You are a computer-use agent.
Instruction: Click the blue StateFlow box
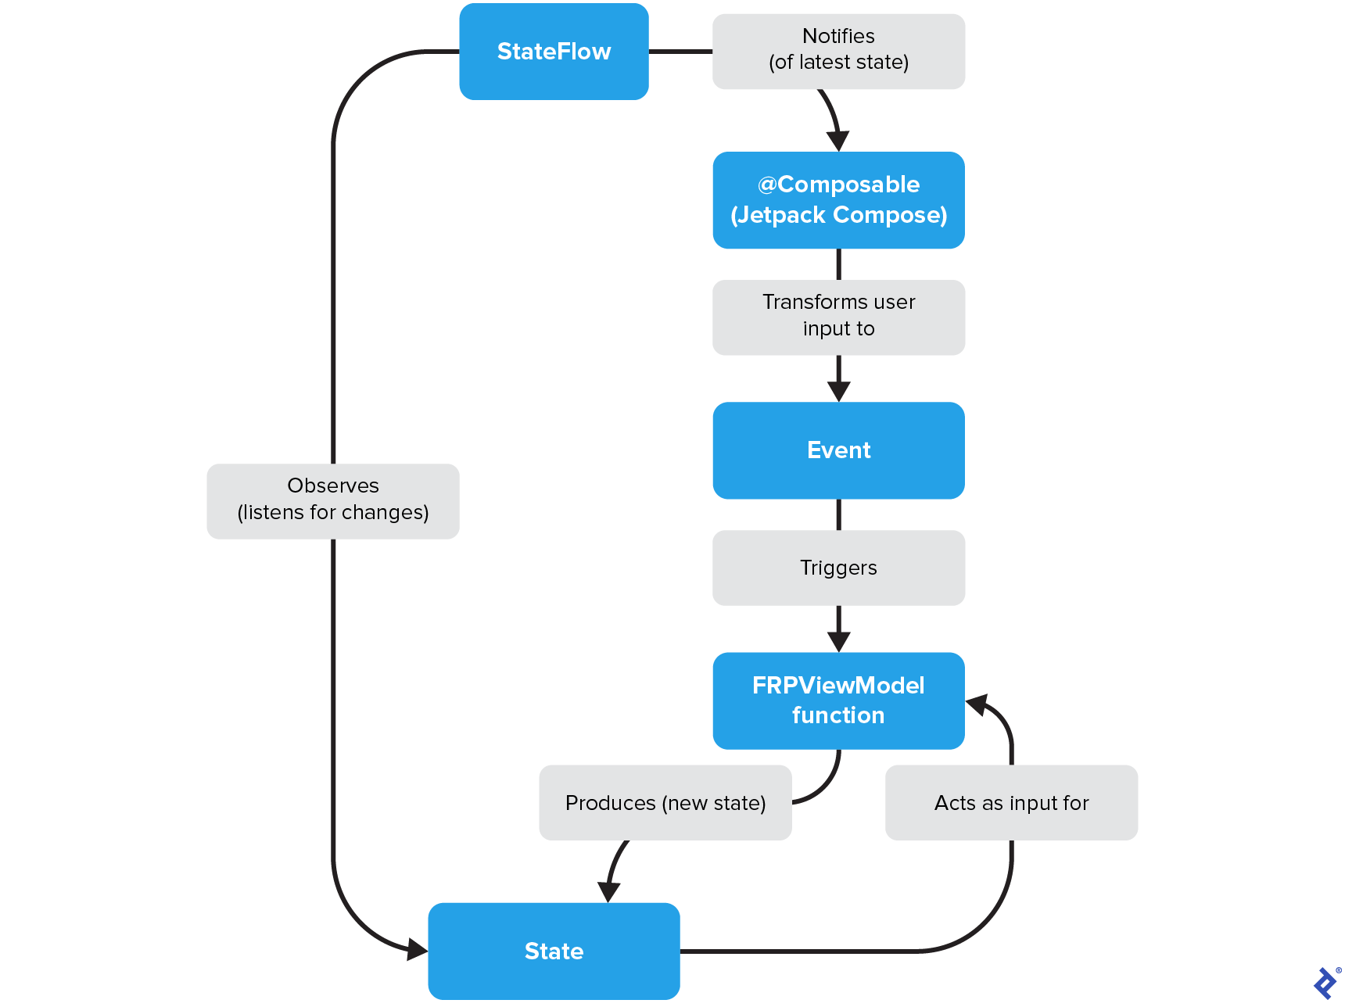tap(554, 52)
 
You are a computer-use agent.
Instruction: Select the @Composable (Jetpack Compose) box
tap(838, 200)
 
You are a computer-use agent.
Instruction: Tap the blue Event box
tap(838, 450)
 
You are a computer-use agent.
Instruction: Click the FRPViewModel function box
tap(838, 701)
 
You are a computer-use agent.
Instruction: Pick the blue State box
tap(554, 951)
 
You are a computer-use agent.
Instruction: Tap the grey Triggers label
tap(838, 568)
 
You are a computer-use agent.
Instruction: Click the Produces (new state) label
tap(665, 803)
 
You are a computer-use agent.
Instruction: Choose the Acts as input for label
tap(1011, 803)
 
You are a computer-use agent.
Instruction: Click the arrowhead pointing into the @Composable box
tap(838, 142)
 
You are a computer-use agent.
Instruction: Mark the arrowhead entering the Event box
tap(838, 392)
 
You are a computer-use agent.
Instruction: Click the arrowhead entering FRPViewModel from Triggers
tap(838, 642)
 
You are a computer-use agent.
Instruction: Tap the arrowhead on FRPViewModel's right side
tap(977, 704)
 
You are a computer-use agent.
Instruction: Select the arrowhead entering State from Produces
tap(609, 892)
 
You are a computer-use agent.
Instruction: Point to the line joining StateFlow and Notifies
tap(680, 52)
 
